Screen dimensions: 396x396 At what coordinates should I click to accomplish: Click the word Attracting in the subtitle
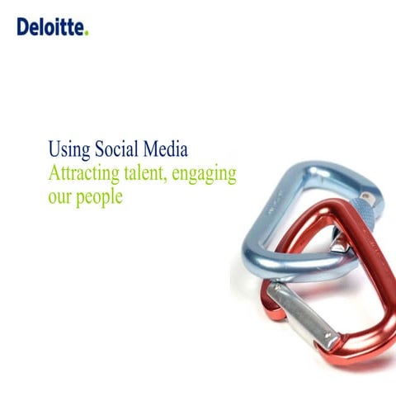(84, 174)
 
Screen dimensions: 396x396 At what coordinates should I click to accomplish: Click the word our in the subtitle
(60, 198)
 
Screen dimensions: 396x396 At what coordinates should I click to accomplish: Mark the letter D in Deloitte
(22, 27)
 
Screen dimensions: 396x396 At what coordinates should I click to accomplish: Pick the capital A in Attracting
(55, 173)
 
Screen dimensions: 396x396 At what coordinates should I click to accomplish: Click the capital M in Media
(152, 149)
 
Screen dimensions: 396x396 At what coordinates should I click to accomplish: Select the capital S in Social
(97, 149)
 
